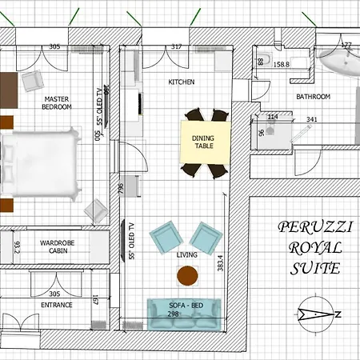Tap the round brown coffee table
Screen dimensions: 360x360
pyautogui.click(x=187, y=276)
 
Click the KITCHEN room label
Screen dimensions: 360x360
pyautogui.click(x=181, y=82)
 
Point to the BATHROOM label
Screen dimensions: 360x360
pyautogui.click(x=313, y=97)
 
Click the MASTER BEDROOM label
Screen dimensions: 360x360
pyautogui.click(x=58, y=102)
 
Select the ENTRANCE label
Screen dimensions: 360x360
pyautogui.click(x=57, y=305)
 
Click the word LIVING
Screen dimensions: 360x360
pyautogui.click(x=186, y=254)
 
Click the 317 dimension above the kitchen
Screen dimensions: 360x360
pyautogui.click(x=177, y=46)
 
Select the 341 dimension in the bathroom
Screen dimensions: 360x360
pyautogui.click(x=311, y=120)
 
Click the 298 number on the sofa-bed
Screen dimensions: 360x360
pyautogui.click(x=172, y=314)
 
